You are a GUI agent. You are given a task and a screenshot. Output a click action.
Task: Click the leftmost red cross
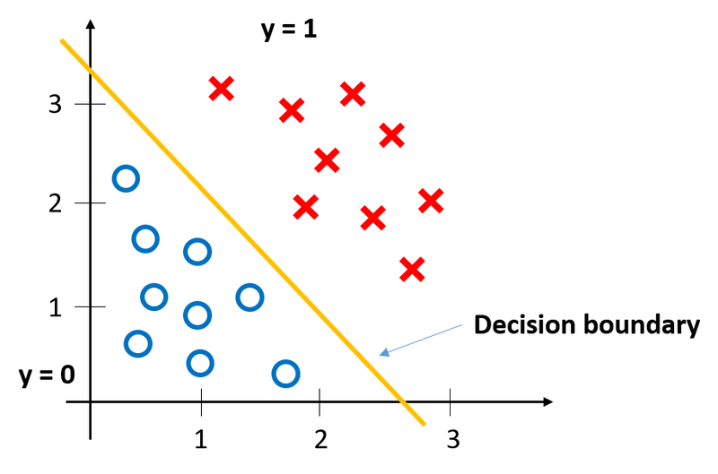point(221,89)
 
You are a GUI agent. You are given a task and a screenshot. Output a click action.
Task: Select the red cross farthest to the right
point(431,201)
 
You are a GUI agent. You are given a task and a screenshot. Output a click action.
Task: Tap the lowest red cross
point(412,269)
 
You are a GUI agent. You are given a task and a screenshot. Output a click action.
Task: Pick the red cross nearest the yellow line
point(306,207)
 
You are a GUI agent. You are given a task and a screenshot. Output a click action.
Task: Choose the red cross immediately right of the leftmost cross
point(292,110)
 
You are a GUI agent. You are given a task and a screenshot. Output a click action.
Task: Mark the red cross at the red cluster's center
point(327,160)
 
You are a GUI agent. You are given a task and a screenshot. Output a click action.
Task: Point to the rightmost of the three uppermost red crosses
point(353,93)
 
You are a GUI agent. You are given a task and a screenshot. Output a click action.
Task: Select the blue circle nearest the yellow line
point(250,297)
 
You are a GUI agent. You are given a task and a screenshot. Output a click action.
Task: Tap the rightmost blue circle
point(285,373)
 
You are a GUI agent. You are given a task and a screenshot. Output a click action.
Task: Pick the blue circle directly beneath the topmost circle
point(144,238)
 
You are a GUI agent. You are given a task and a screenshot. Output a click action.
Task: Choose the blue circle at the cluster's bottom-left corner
point(137,342)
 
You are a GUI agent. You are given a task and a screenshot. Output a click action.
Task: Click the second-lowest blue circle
point(200,363)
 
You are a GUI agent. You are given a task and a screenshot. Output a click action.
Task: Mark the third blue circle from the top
point(197,252)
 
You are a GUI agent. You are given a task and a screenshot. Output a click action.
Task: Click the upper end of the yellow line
point(61,40)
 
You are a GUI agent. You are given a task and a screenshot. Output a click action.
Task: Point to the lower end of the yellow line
point(425,424)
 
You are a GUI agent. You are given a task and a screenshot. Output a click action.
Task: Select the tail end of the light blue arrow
point(464,323)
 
